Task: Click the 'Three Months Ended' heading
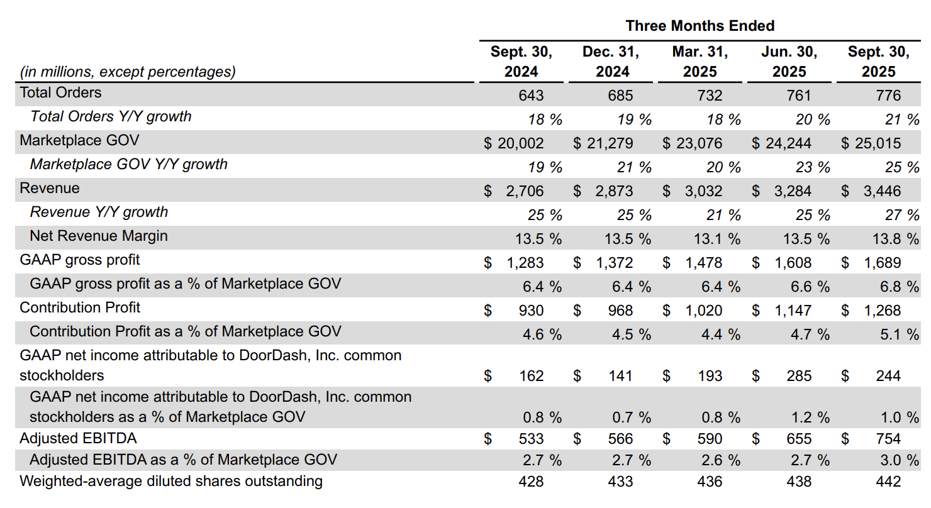click(700, 26)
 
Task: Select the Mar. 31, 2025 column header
click(700, 62)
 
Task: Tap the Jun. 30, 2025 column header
click(789, 62)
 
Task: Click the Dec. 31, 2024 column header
click(611, 62)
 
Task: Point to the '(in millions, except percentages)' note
click(128, 72)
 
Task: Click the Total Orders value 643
click(531, 96)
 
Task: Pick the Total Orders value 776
click(888, 96)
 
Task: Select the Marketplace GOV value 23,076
click(699, 143)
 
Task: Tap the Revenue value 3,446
click(882, 191)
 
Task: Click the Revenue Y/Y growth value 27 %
click(902, 215)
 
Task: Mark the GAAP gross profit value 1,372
click(615, 263)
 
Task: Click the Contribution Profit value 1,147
click(793, 311)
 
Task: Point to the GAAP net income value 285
click(799, 376)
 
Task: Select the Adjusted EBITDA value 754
click(888, 439)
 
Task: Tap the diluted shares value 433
click(620, 482)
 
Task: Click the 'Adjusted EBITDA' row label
click(78, 438)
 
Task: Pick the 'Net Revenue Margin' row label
click(99, 236)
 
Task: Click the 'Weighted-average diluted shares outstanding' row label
click(171, 481)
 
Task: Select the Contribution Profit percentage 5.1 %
click(900, 334)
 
